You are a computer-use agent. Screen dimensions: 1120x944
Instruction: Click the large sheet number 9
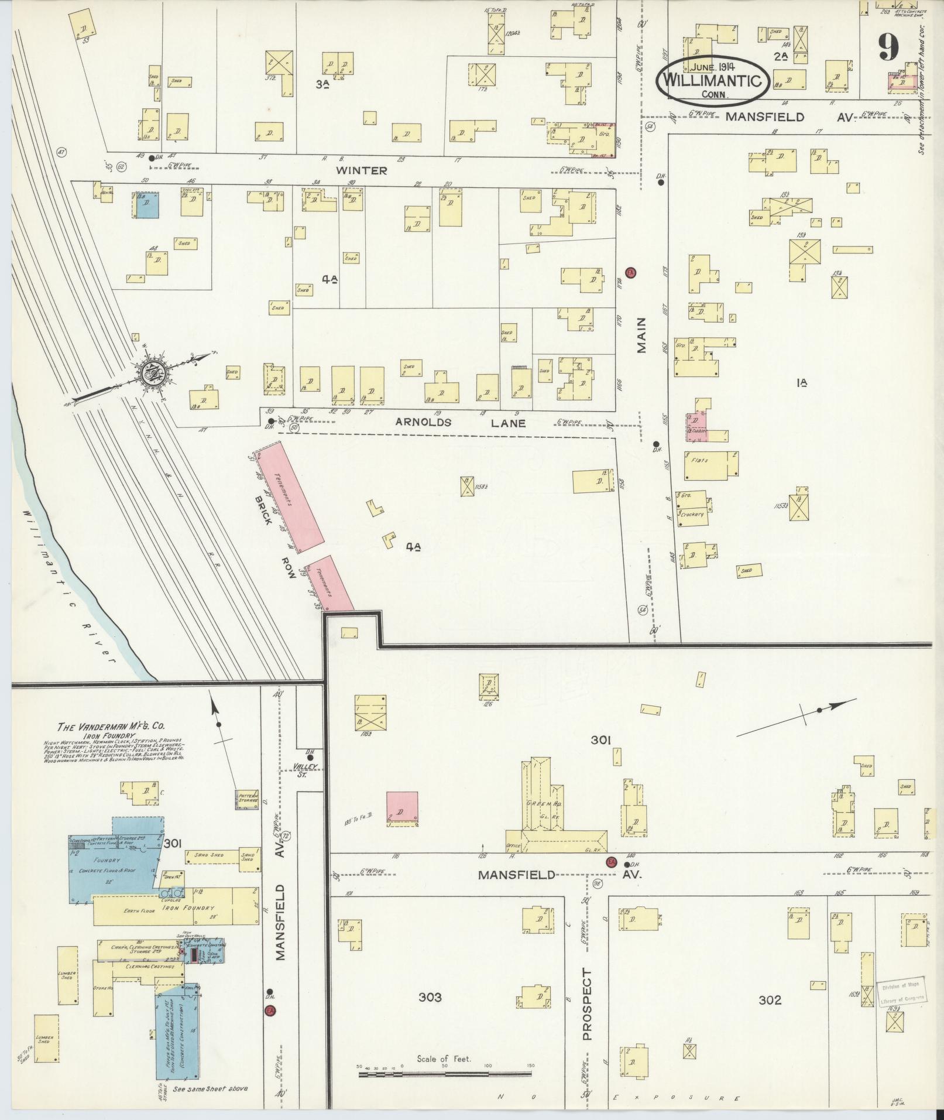[x=888, y=47]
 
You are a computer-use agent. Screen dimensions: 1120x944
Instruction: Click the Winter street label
[x=361, y=170]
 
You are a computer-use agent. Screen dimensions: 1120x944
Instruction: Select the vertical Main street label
[x=641, y=335]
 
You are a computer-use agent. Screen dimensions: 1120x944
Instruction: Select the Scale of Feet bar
[x=444, y=1074]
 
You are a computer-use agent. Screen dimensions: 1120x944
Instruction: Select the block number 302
[x=770, y=1000]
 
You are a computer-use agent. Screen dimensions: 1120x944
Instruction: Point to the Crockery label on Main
[x=692, y=514]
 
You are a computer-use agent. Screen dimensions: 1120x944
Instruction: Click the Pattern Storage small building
[x=246, y=799]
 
